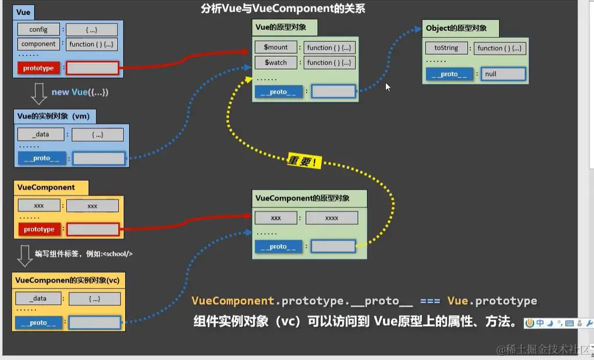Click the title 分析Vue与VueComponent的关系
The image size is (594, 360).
283,9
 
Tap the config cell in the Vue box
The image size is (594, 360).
38,29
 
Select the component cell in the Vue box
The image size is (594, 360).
38,44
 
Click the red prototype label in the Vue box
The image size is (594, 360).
38,68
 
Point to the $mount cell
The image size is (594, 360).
276,48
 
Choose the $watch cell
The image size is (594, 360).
276,62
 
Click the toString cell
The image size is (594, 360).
446,48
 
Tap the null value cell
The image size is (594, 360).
503,74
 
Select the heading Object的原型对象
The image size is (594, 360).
456,28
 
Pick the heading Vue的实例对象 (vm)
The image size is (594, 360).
54,116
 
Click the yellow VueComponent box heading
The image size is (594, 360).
47,187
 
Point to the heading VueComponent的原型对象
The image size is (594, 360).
303,198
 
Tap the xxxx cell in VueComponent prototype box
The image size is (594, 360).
331,218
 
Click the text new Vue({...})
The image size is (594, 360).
80,92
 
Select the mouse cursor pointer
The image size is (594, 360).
387,87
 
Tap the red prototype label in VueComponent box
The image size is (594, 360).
39,229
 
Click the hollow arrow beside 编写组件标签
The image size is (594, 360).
24,254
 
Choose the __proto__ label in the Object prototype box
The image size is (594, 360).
449,74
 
